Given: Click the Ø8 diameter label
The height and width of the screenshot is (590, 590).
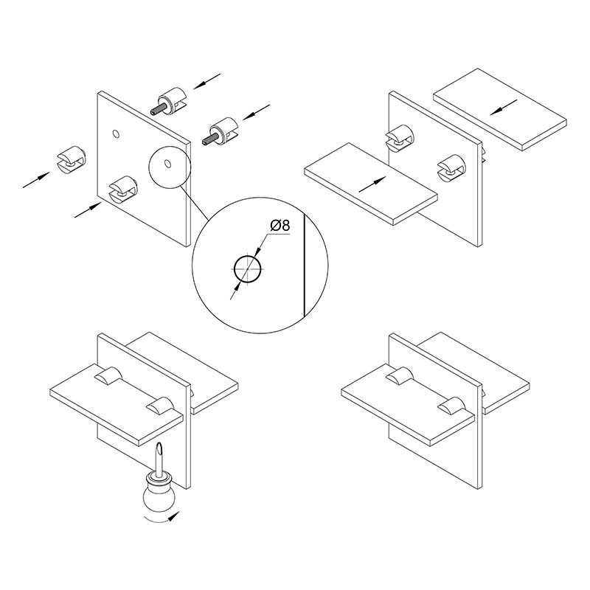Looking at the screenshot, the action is click(280, 226).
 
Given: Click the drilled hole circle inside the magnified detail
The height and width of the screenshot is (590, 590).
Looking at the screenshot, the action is click(248, 269).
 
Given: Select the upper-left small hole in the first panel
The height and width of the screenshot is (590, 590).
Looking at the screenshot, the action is click(117, 133).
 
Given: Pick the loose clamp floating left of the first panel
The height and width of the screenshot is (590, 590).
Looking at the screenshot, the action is click(71, 160).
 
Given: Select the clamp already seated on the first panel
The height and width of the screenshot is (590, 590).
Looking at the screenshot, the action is click(123, 189).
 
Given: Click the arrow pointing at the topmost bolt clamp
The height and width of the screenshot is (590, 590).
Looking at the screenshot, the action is click(206, 82).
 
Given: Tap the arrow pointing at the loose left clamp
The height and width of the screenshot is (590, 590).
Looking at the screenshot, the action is click(36, 179).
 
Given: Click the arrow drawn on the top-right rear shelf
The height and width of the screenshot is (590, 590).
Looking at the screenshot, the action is click(504, 107).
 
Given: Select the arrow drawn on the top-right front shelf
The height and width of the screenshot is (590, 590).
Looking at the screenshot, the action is click(372, 184).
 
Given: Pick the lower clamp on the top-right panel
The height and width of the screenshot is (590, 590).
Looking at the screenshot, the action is click(451, 168).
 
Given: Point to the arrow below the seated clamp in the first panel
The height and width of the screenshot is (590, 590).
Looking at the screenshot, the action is click(88, 209).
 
